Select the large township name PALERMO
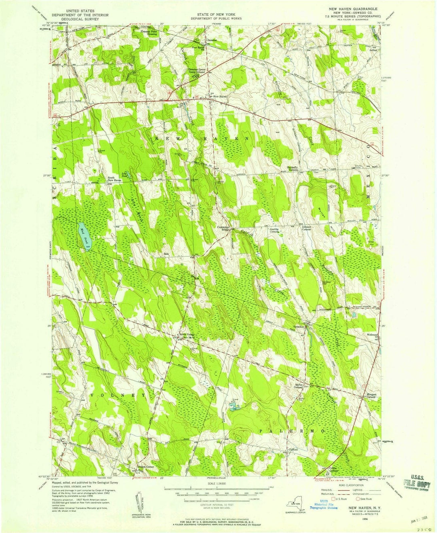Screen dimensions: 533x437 click(291, 431)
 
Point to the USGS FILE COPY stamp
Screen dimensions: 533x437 click(416, 484)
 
